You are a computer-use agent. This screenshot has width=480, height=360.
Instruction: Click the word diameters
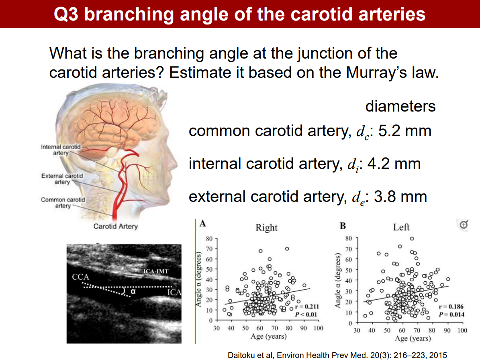coord(400,106)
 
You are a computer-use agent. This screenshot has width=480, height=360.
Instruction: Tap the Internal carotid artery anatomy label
coord(61,150)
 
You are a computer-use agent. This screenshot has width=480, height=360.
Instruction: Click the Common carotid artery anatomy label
coord(63,203)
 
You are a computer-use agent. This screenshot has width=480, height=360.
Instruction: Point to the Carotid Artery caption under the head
coord(115,226)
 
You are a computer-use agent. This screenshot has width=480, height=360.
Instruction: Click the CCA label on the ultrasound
coord(80,277)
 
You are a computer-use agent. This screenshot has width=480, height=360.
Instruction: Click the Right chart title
coord(266,228)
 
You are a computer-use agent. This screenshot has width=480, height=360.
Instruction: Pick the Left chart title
coord(401,227)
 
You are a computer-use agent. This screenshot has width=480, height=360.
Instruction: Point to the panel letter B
coord(342,226)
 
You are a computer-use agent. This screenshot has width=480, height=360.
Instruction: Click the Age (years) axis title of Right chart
coord(268,336)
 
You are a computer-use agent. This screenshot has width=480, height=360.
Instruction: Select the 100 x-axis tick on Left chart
coord(462,331)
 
